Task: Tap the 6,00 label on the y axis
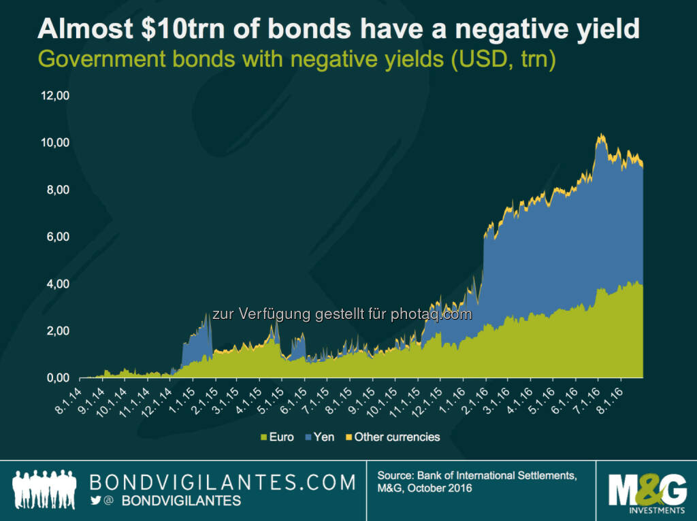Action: [58, 237]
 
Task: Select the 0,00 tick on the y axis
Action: [58, 377]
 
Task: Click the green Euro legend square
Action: [262, 437]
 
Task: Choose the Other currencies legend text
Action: [397, 437]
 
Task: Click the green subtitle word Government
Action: [93, 58]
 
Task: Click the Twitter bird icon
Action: [96, 501]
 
